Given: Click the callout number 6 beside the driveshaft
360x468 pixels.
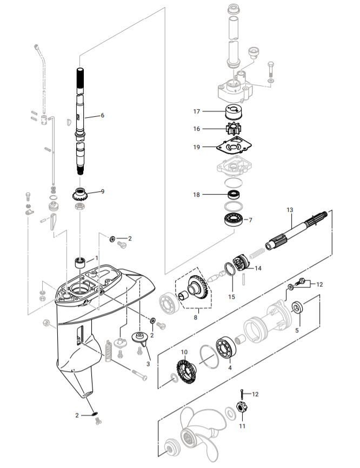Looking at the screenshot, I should coord(102,115).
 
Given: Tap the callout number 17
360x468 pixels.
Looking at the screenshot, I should coord(196,111).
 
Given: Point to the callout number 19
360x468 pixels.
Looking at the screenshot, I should coord(196,146).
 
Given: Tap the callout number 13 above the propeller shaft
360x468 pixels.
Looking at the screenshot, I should coord(290,209).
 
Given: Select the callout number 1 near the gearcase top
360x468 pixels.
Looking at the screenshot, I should coord(97,258).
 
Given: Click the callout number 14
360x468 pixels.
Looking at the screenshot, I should coord(258,268).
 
